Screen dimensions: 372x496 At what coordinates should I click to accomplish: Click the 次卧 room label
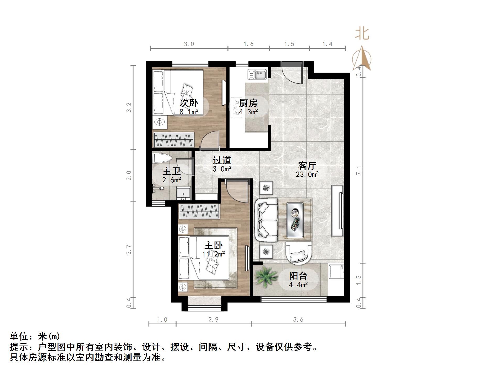click(x=189, y=103)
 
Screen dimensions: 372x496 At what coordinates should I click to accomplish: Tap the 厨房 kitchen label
click(x=248, y=103)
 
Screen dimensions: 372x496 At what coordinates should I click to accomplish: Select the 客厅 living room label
click(x=307, y=166)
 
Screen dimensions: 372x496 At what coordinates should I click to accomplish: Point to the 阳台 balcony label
click(x=298, y=276)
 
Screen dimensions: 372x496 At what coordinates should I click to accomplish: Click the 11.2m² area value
click(x=213, y=254)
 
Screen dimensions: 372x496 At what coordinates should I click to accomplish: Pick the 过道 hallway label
click(x=222, y=160)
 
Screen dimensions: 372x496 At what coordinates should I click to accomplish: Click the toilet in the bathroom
click(x=162, y=158)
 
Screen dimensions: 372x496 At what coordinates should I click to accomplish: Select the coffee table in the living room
click(x=295, y=220)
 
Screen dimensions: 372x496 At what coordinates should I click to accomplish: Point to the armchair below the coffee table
click(x=299, y=253)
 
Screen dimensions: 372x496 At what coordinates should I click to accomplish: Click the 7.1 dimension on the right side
click(x=359, y=170)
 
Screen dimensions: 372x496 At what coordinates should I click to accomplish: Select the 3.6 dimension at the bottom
click(x=298, y=320)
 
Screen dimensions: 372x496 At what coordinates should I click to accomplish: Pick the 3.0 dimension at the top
click(x=189, y=44)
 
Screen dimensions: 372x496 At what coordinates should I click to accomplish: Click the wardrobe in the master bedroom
click(x=199, y=211)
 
